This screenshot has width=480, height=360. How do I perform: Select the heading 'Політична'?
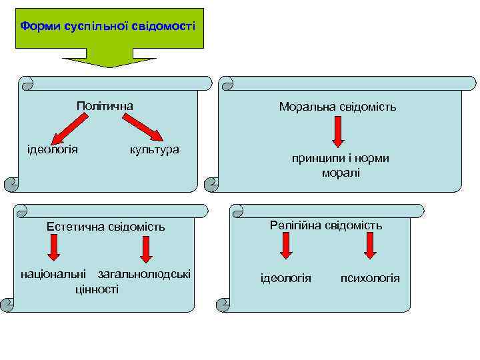click(x=105, y=106)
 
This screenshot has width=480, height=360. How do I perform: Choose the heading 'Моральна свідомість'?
click(x=338, y=106)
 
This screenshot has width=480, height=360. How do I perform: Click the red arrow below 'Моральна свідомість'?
click(x=338, y=132)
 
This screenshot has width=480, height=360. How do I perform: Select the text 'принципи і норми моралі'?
click(x=340, y=165)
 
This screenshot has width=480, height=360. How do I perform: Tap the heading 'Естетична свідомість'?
click(x=105, y=227)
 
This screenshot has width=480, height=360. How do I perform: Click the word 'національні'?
click(x=54, y=274)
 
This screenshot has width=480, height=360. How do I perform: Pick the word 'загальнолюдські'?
click(x=144, y=274)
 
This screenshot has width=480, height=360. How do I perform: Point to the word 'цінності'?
click(x=97, y=289)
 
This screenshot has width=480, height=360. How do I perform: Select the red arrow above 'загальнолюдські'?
click(x=145, y=248)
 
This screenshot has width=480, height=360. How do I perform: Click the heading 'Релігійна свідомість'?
click(x=326, y=225)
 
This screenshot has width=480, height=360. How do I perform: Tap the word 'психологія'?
click(x=370, y=277)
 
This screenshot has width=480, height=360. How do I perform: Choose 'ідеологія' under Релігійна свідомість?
click(x=285, y=277)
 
